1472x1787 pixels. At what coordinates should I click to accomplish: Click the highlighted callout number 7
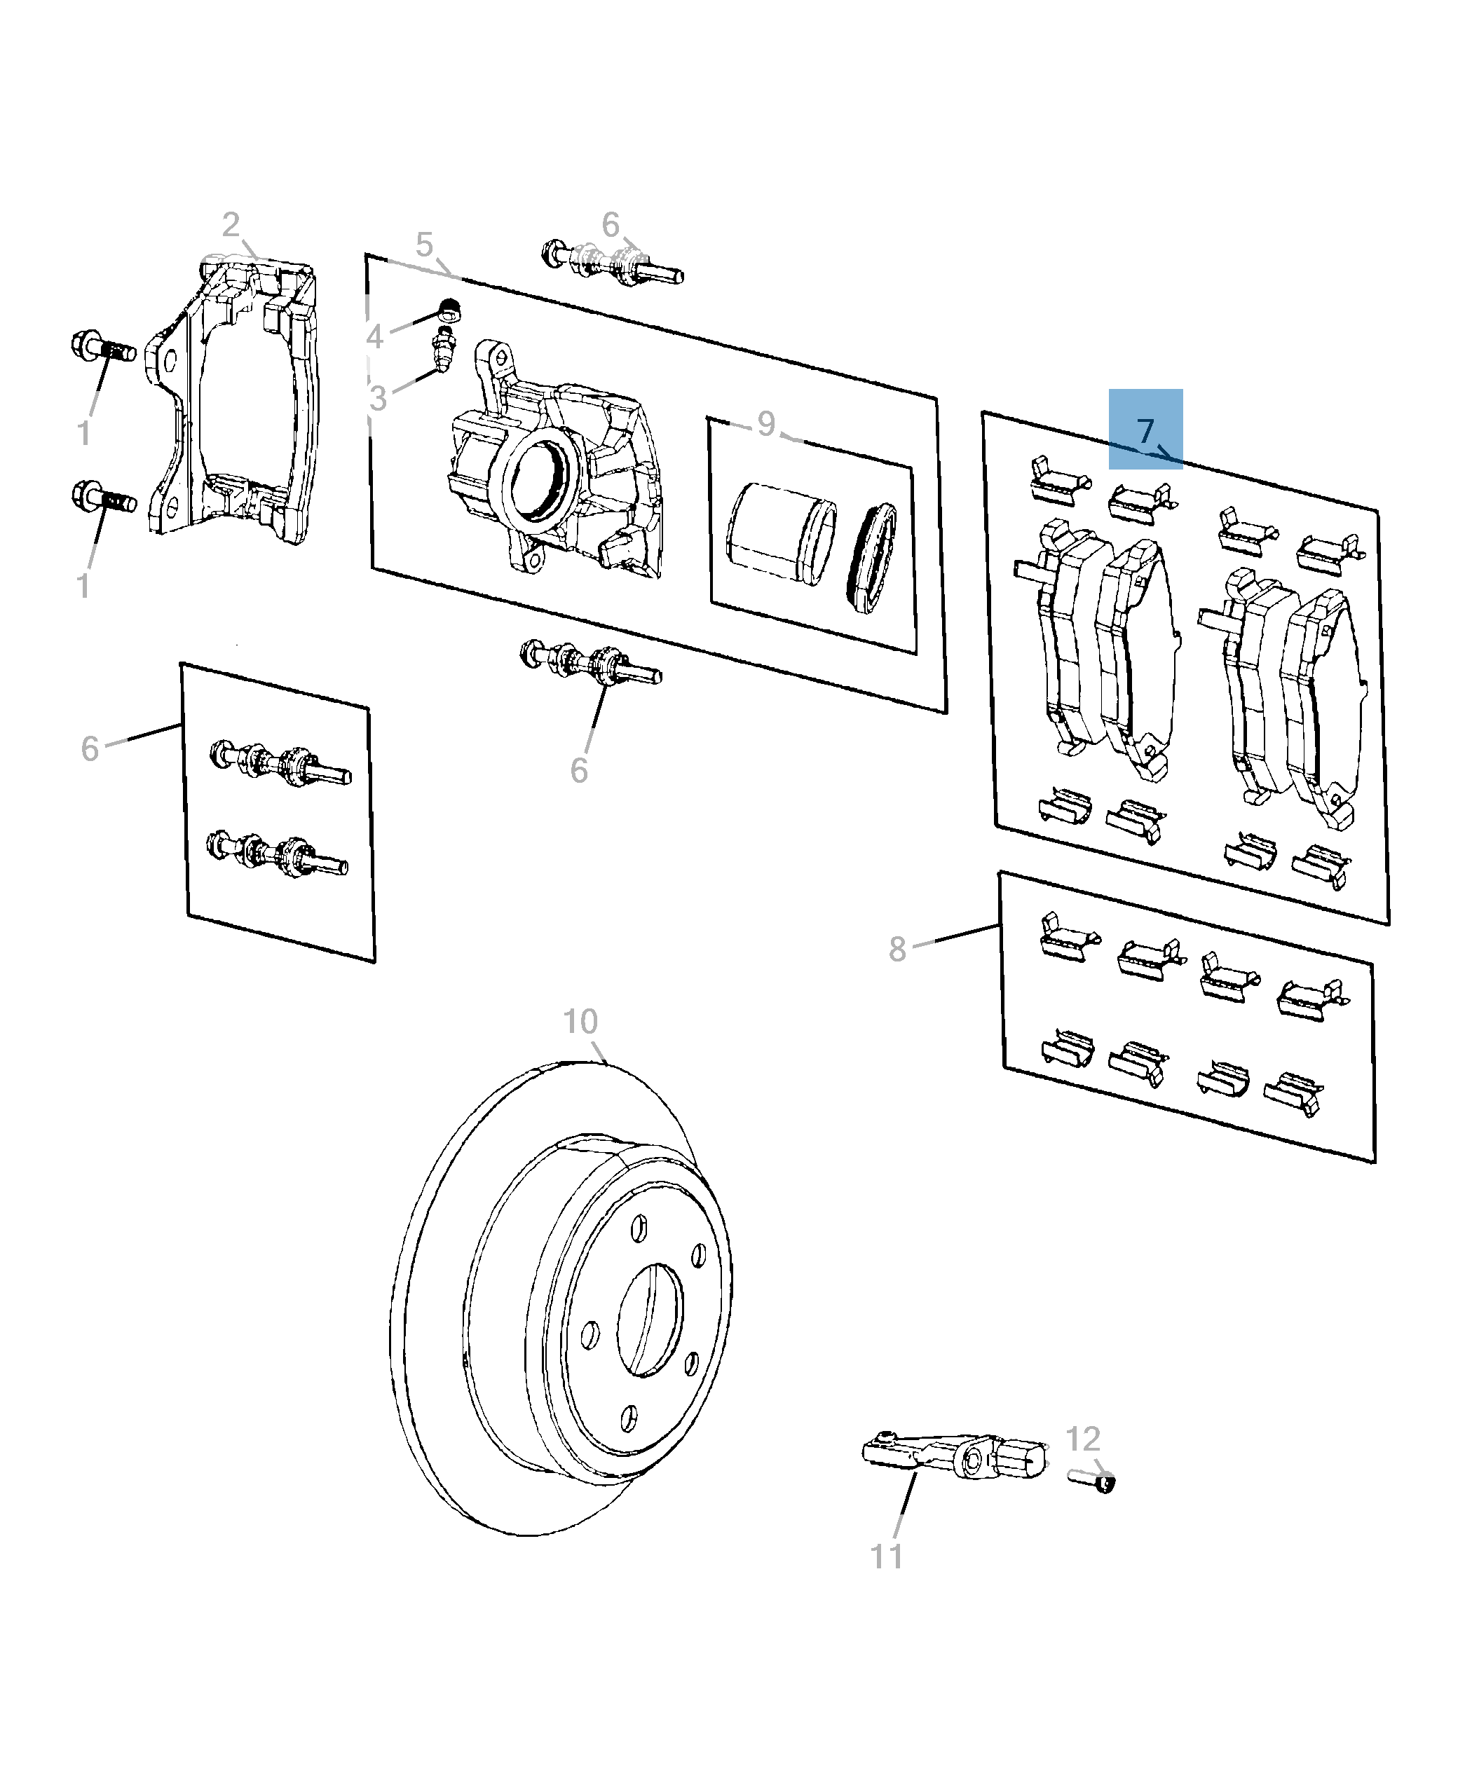tap(1145, 431)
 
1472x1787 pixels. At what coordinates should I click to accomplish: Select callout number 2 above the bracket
tap(231, 226)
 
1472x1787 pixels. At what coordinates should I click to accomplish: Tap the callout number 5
tap(424, 245)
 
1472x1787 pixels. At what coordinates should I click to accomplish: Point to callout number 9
tap(765, 423)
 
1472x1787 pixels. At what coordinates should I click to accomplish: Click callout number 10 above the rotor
tap(581, 1022)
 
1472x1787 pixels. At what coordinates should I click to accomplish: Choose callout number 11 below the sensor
tap(887, 1556)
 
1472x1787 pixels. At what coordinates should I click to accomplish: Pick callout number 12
tap(1082, 1439)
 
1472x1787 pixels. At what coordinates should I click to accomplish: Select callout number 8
tap(897, 950)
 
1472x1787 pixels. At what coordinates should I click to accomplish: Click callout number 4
tap(374, 337)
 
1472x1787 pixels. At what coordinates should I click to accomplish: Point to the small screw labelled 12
tap(1093, 1480)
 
